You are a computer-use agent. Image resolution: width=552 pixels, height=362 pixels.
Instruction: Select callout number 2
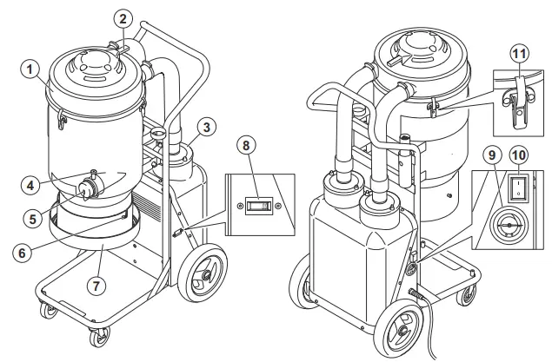[x=123, y=17]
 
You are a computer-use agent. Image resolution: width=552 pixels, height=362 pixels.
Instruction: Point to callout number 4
[x=31, y=184]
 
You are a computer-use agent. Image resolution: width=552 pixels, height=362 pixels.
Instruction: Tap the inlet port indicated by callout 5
[x=88, y=188]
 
